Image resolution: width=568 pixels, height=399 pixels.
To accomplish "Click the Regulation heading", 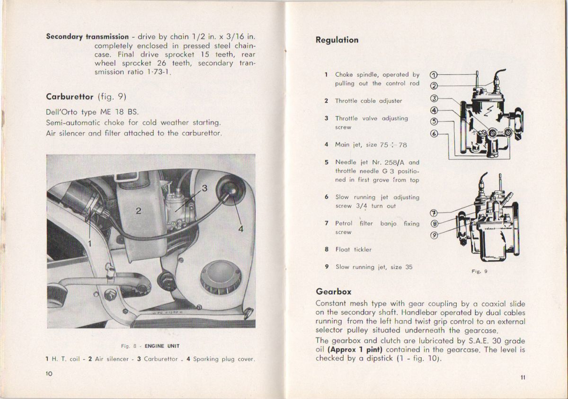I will click(x=337, y=40).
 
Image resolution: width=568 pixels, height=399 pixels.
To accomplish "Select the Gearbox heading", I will click(x=333, y=292).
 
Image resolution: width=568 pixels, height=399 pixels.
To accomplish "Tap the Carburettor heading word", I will click(x=70, y=97).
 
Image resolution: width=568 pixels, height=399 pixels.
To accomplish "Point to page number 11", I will click(x=522, y=377).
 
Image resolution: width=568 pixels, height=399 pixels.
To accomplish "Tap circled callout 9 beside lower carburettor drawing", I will click(x=434, y=235).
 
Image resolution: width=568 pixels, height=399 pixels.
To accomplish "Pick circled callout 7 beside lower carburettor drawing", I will click(x=434, y=213).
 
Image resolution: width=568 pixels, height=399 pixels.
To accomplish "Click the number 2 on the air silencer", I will click(x=138, y=211).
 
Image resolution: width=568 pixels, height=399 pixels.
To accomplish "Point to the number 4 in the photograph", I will click(x=240, y=229).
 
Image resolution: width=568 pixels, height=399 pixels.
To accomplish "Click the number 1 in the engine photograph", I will click(x=89, y=243).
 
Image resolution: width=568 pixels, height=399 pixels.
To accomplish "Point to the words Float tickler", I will click(x=353, y=249).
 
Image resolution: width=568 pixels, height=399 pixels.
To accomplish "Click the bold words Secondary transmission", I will click(x=87, y=36).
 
